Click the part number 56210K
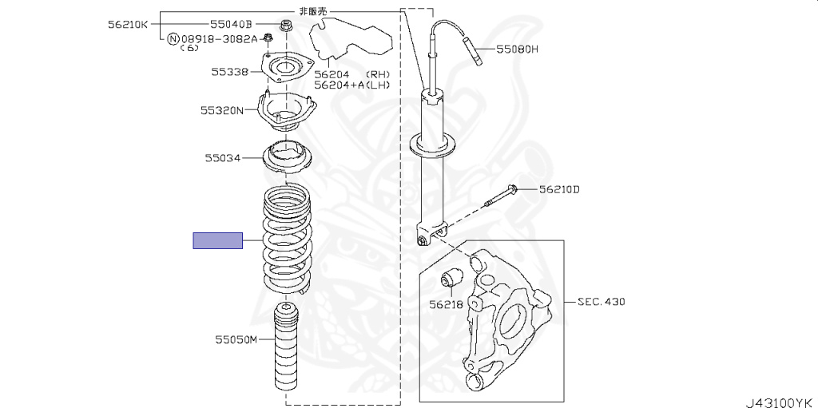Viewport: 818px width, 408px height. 129,24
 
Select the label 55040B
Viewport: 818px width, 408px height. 231,24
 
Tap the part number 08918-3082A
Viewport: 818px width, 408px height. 220,38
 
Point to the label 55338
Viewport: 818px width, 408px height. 230,72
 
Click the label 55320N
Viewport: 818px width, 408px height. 222,111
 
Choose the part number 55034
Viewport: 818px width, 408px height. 223,157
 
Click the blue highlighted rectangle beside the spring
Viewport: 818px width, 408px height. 218,240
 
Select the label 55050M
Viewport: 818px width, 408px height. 236,340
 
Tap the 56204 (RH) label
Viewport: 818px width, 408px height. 352,75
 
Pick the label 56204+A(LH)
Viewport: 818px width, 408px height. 352,85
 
